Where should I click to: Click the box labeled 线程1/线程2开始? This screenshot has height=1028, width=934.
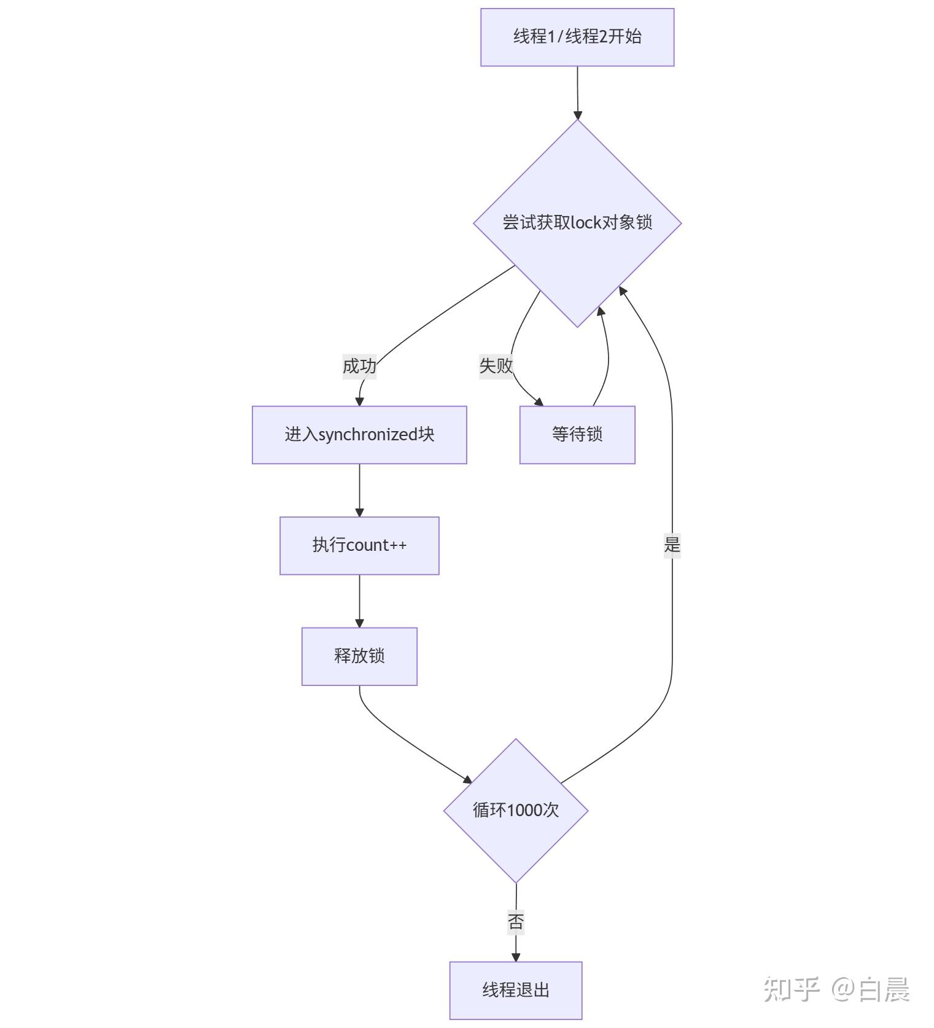(x=577, y=37)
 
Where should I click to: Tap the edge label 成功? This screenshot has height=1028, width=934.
(x=359, y=366)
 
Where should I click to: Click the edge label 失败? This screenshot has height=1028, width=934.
(x=496, y=365)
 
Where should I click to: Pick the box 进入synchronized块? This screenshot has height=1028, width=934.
(x=359, y=434)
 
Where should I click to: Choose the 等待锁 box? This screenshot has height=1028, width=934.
(x=577, y=434)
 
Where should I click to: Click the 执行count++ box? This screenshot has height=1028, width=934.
(x=359, y=545)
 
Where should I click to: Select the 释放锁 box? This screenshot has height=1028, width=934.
(x=359, y=656)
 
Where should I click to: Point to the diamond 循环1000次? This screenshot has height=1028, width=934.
(x=516, y=811)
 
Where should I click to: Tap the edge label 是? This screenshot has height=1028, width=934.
(x=672, y=544)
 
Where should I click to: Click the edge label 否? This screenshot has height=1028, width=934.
(x=516, y=921)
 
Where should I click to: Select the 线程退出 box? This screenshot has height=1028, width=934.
(x=516, y=990)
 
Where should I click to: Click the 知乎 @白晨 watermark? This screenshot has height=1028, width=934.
(x=836, y=989)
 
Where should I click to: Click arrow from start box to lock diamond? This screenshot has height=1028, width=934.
(x=577, y=92)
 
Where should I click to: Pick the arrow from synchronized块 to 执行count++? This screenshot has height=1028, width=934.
(x=359, y=490)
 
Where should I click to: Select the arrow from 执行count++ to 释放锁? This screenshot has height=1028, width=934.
(x=359, y=601)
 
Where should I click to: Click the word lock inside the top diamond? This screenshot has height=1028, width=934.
(x=585, y=222)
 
